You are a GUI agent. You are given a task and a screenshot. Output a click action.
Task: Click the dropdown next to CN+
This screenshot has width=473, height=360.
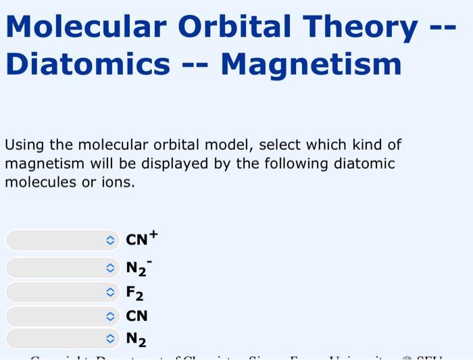coord(63,240)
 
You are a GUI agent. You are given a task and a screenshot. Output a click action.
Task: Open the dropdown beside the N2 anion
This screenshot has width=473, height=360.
coord(63,268)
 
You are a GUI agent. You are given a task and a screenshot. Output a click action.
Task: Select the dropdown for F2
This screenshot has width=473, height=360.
coord(63,292)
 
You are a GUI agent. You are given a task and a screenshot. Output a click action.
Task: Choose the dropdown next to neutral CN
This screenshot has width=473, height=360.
coord(63,316)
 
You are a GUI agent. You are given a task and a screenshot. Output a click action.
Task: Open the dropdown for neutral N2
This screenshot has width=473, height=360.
coord(63,338)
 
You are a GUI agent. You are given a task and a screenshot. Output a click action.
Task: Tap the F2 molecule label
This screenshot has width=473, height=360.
coord(134,293)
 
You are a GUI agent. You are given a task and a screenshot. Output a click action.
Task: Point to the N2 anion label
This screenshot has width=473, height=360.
coord(136,269)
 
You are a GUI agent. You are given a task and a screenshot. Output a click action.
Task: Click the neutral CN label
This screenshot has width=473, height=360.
coord(137,316)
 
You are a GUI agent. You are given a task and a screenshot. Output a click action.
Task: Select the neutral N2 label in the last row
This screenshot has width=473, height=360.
coord(136,339)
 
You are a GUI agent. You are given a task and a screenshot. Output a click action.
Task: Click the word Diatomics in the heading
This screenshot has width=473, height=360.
coord(88,65)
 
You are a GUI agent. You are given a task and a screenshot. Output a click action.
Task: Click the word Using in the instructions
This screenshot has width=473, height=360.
coord(23,145)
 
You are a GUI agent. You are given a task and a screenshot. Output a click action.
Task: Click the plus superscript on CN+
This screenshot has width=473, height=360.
coord(153,234)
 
